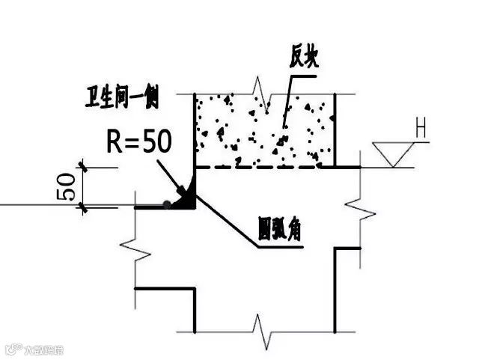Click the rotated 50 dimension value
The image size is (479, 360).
[66, 186]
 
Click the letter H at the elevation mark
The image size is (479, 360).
[421, 132]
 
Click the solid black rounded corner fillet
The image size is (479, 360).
[187, 197]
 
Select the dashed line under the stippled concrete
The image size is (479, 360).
[262, 168]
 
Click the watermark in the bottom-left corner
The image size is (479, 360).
[33, 349]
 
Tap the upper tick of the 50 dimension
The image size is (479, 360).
[84, 168]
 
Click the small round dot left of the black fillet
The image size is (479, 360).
[166, 204]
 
